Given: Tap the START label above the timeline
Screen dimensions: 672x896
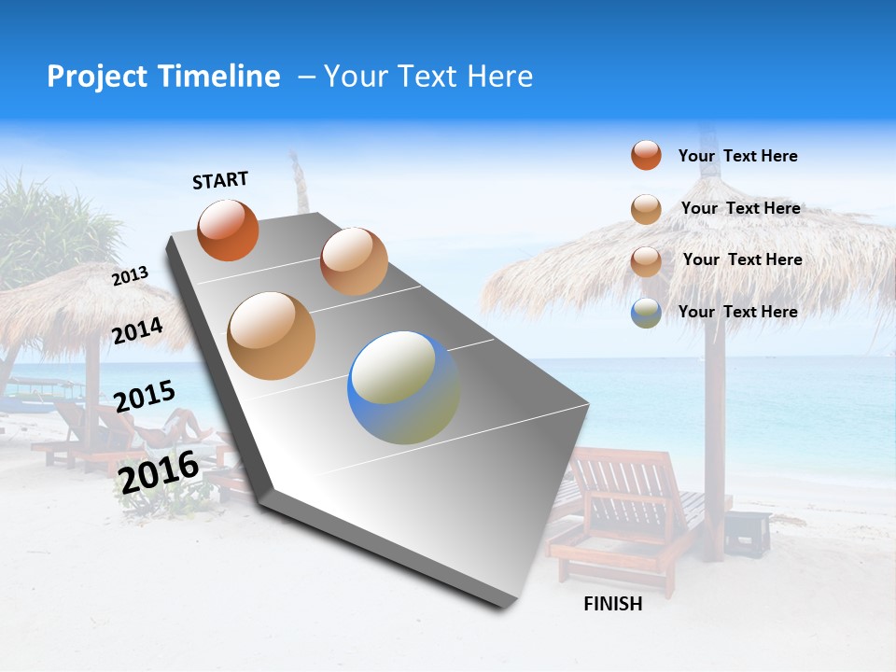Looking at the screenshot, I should tap(220, 180).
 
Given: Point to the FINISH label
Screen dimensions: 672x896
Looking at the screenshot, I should tap(613, 604).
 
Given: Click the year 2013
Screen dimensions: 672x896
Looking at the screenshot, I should tap(130, 276).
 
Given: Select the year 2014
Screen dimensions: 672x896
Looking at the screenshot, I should tap(138, 331).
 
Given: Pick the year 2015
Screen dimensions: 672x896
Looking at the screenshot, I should tap(145, 397).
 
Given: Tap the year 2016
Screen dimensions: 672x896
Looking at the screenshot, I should tap(159, 471).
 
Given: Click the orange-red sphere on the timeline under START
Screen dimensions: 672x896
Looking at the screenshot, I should tap(228, 231).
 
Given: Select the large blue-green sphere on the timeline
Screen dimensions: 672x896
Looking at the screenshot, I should tap(403, 387).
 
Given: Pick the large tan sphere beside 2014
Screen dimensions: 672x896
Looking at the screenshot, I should tap(272, 336).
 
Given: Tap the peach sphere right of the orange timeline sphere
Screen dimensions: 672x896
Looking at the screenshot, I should tap(354, 261).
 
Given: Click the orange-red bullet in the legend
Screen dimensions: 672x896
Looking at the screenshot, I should tap(646, 155).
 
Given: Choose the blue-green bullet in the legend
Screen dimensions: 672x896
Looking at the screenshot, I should tap(646, 313).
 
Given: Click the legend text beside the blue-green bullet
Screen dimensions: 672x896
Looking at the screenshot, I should tap(737, 312).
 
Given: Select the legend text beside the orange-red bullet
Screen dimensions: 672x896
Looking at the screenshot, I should tap(737, 156).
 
